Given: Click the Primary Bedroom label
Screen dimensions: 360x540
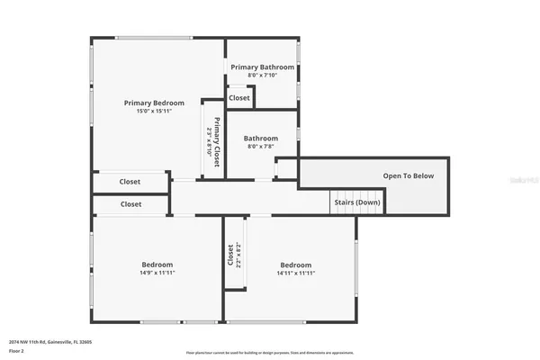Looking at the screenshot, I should tap(148, 103).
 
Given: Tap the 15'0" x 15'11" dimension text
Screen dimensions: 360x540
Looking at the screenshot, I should tap(148, 112).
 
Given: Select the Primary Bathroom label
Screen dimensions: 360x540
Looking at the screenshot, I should tap(262, 67).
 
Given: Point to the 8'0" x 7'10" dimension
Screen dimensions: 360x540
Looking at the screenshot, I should tap(262, 76).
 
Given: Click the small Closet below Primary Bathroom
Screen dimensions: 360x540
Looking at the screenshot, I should tap(239, 98).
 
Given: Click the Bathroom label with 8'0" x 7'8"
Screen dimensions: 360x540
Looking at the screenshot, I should tap(262, 139).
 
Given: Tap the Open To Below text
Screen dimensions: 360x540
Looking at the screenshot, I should tap(409, 175).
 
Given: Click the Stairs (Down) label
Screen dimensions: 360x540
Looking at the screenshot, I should tap(355, 202).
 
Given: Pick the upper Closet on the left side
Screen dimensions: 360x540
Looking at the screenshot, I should tap(130, 182).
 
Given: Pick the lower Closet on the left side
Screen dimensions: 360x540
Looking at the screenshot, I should tap(130, 204).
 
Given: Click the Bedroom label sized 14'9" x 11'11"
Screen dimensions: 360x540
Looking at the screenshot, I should tap(157, 265).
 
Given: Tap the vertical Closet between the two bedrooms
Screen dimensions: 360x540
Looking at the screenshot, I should tap(231, 256).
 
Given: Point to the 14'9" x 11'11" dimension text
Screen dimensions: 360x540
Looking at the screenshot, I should tap(157, 273).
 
